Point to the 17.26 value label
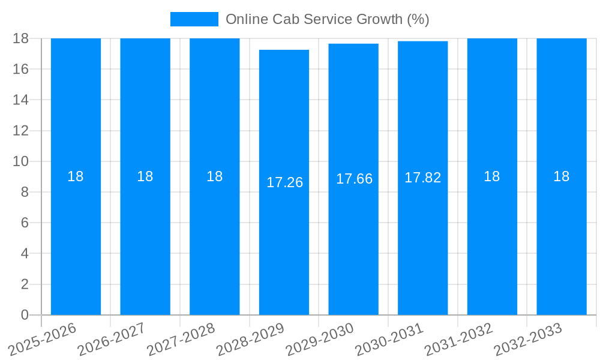tap(284, 182)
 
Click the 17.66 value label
tap(354, 179)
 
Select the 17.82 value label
tap(423, 178)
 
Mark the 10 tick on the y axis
tap(20, 161)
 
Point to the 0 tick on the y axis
tap(25, 315)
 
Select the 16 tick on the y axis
tap(20, 69)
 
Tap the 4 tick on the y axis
tap(25, 254)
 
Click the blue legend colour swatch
tap(194, 19)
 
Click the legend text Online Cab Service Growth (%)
tap(327, 19)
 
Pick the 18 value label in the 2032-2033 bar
tap(561, 176)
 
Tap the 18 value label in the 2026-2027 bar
tap(145, 176)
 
